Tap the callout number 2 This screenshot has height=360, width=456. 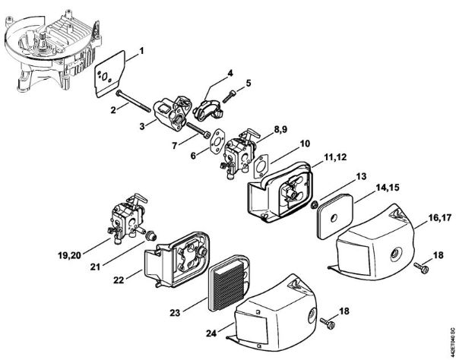(x=114, y=109)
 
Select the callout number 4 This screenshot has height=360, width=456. (x=230, y=74)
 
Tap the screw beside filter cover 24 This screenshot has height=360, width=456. (x=329, y=325)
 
